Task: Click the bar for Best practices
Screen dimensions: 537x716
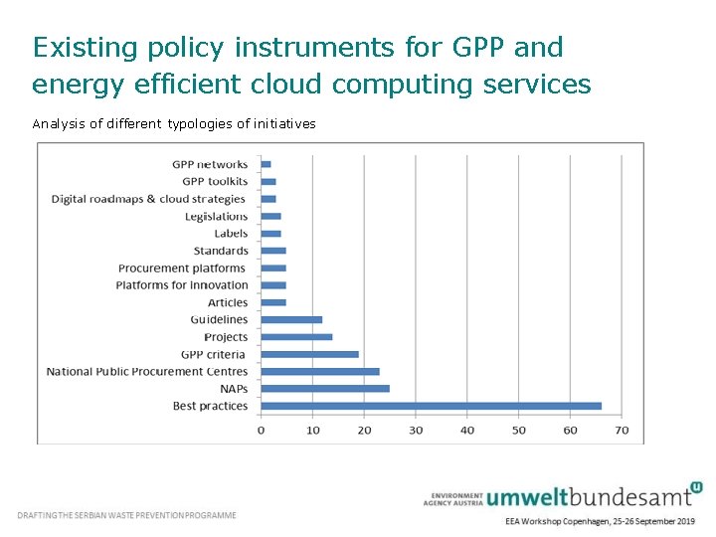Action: (431, 406)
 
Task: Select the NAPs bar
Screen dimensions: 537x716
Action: (325, 389)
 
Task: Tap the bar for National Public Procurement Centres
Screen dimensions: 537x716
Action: (320, 371)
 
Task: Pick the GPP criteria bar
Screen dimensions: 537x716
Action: (309, 354)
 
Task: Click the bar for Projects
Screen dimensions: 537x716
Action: (296, 337)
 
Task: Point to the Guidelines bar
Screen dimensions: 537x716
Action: (291, 319)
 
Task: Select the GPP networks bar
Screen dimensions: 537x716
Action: (266, 164)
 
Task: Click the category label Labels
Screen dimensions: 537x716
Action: (231, 234)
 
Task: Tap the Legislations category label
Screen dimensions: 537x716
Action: (216, 216)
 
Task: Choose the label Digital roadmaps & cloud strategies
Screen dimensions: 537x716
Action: (148, 199)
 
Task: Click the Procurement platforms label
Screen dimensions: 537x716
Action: (182, 268)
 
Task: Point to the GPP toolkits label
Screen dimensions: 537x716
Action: (215, 182)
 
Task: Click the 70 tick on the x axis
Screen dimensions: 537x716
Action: (622, 431)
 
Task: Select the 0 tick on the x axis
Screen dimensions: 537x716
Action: (261, 431)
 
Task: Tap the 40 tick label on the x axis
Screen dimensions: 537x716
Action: (467, 431)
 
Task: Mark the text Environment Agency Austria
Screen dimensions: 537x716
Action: (455, 498)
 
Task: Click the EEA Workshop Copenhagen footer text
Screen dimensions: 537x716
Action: (600, 521)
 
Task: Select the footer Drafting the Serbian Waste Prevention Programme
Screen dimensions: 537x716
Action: (127, 515)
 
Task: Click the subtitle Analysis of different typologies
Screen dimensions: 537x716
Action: (174, 124)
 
